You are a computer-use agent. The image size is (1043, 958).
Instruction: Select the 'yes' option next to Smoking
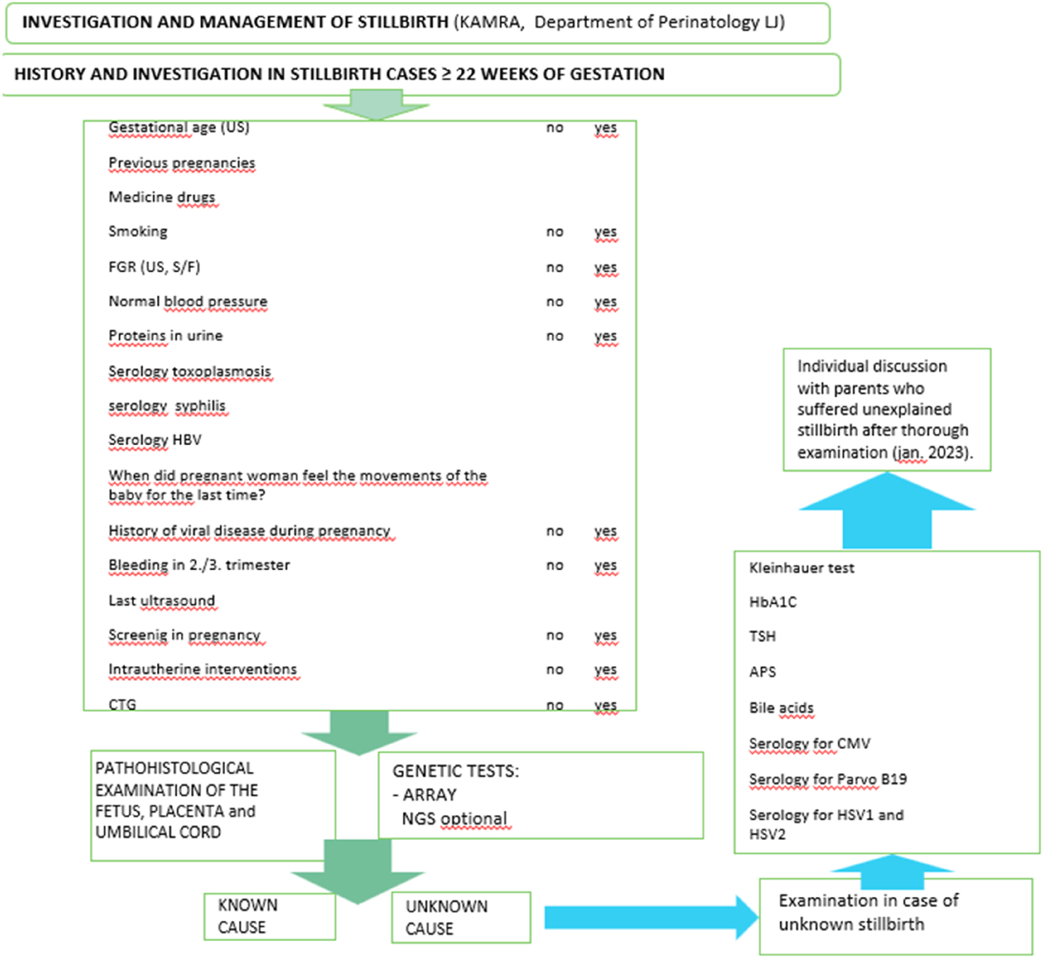pyautogui.click(x=605, y=231)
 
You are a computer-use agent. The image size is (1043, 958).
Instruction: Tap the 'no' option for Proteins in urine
pyautogui.click(x=555, y=336)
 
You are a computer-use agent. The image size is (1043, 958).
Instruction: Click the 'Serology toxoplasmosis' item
pyautogui.click(x=189, y=372)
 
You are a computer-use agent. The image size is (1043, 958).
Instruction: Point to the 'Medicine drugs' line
pyautogui.click(x=162, y=197)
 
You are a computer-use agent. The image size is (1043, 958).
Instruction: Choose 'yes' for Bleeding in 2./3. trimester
pyautogui.click(x=605, y=565)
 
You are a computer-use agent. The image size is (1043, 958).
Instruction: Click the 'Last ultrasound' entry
pyautogui.click(x=162, y=601)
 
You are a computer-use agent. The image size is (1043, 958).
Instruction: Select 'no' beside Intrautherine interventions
pyautogui.click(x=555, y=669)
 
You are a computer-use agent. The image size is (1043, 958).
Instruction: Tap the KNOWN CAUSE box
pyautogui.click(x=270, y=916)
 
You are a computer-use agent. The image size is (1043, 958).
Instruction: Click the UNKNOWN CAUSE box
pyautogui.click(x=460, y=917)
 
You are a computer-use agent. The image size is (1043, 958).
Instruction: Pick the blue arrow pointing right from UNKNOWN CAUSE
pyautogui.click(x=648, y=917)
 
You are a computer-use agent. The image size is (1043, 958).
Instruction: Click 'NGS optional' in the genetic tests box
pyautogui.click(x=454, y=818)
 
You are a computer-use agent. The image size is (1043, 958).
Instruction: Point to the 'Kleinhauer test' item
pyautogui.click(x=802, y=568)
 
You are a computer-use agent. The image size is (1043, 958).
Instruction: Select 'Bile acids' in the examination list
pyautogui.click(x=781, y=708)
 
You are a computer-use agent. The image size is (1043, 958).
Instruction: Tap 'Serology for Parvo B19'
pyautogui.click(x=827, y=779)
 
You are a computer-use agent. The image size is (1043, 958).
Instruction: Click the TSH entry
pyautogui.click(x=762, y=636)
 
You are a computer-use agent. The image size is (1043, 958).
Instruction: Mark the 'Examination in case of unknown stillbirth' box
pyautogui.click(x=895, y=916)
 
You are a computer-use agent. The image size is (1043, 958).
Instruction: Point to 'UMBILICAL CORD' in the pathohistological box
pyautogui.click(x=158, y=832)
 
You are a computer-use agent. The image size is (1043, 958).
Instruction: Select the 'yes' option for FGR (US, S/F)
pyautogui.click(x=605, y=267)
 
